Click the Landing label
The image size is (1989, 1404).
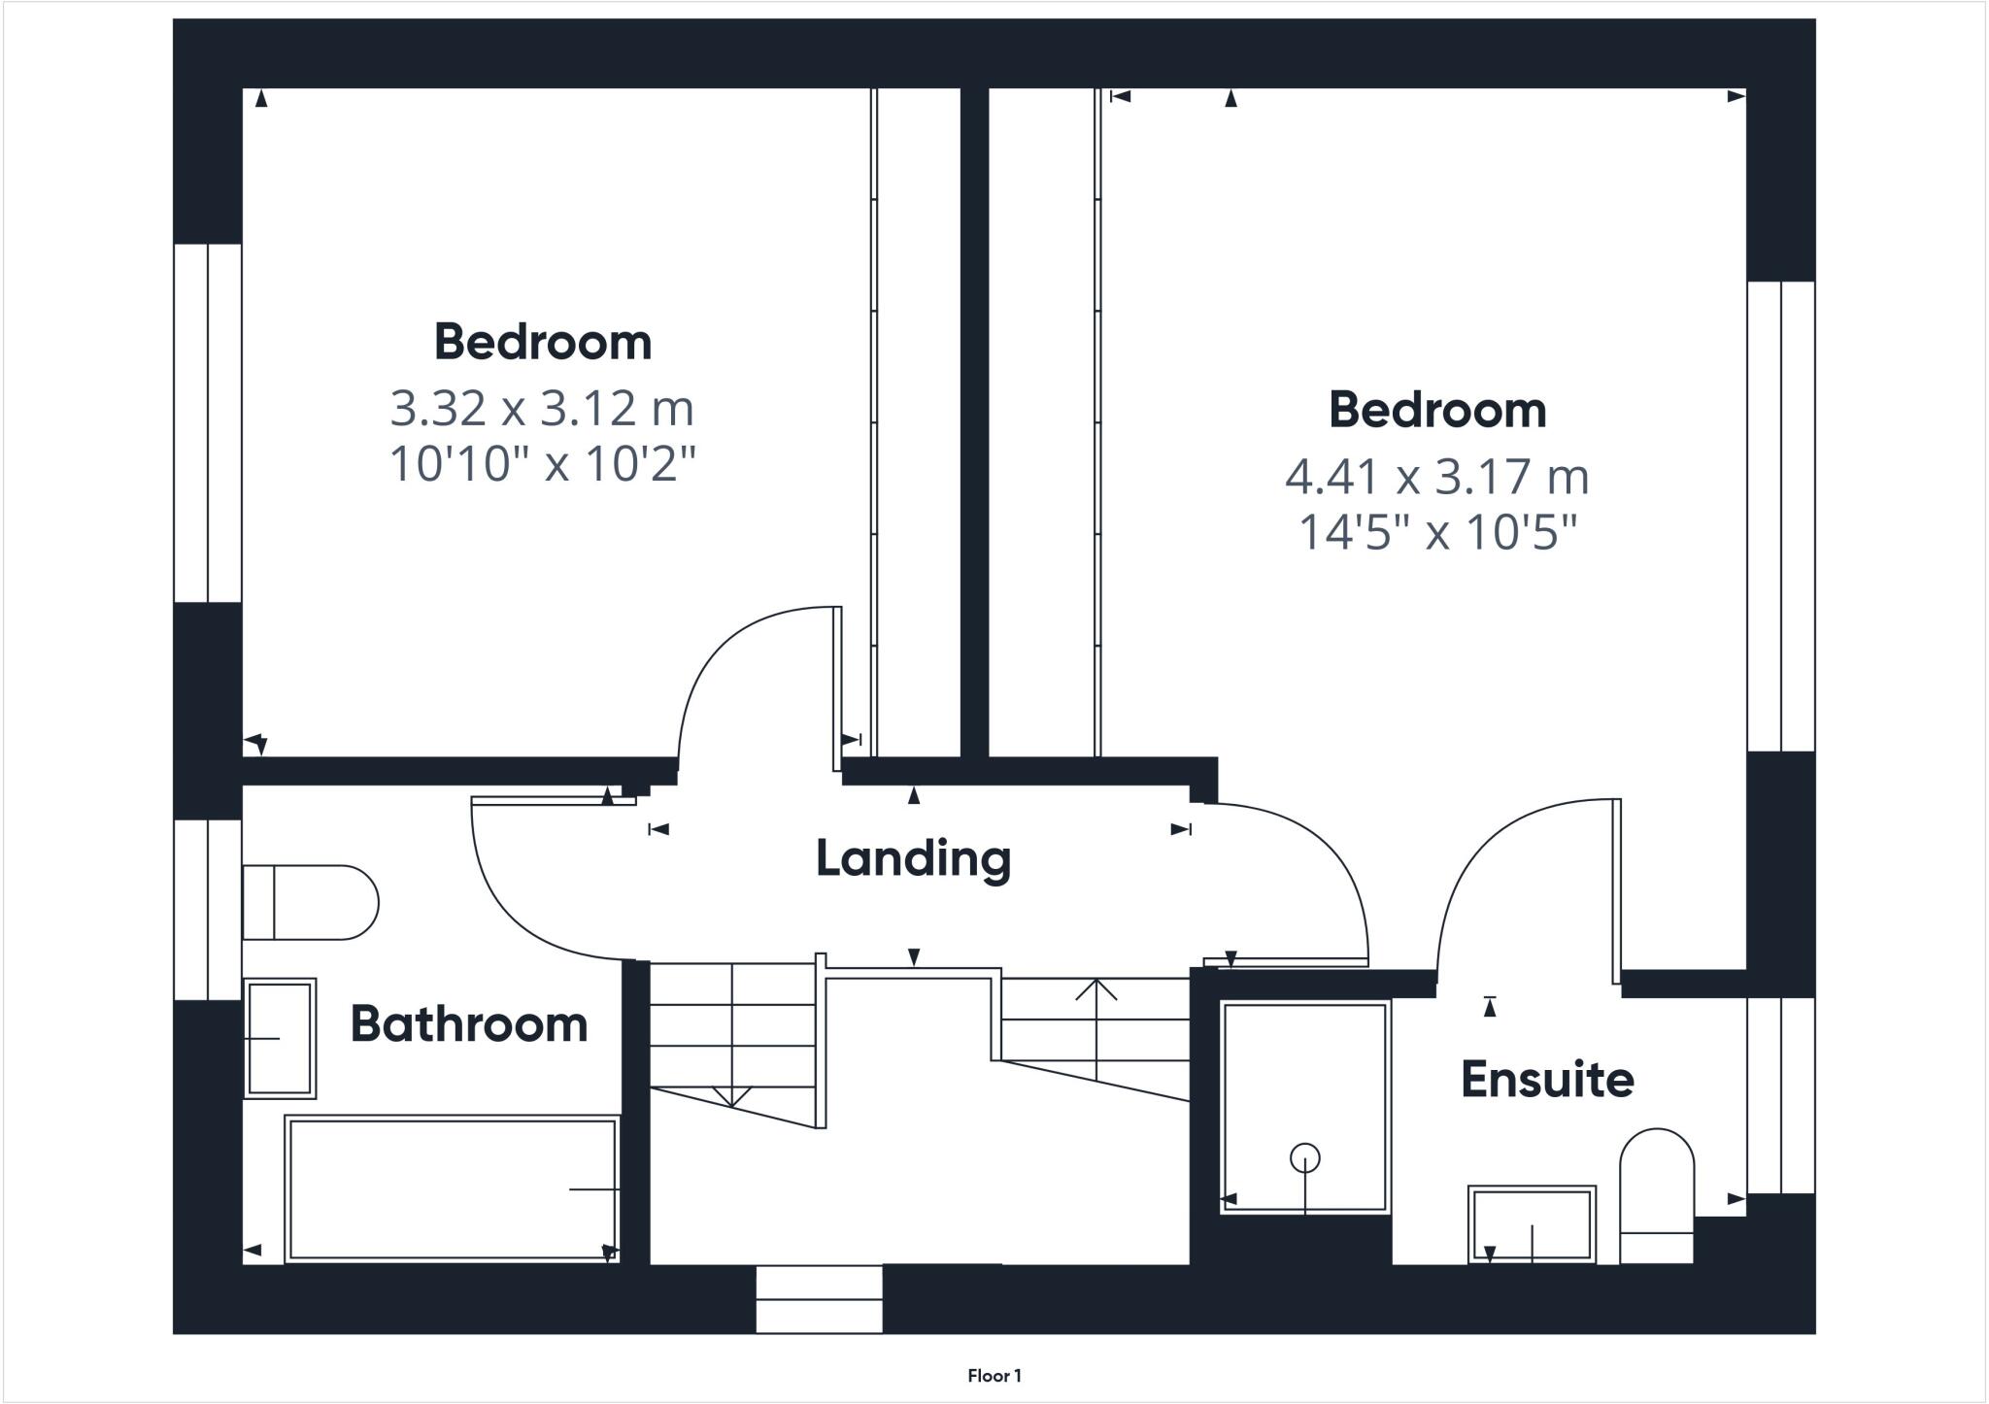(913, 858)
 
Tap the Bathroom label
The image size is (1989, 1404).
(469, 1024)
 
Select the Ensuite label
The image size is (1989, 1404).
(1547, 1080)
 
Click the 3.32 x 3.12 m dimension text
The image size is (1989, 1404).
(542, 408)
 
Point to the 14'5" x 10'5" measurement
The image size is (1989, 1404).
(1437, 532)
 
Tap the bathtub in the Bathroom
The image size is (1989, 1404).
(453, 1189)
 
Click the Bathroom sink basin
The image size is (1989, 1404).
(280, 1038)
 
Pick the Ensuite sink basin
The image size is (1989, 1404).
(1532, 1224)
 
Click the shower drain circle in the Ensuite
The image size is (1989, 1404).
(1304, 1158)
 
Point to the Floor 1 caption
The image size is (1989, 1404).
(994, 1375)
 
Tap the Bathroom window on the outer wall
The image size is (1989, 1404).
(207, 910)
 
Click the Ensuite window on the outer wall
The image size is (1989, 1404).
(1781, 1095)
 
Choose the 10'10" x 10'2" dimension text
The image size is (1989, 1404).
(542, 464)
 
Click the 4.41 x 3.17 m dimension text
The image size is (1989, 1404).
(1437, 477)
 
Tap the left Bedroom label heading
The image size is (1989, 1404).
(542, 342)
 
